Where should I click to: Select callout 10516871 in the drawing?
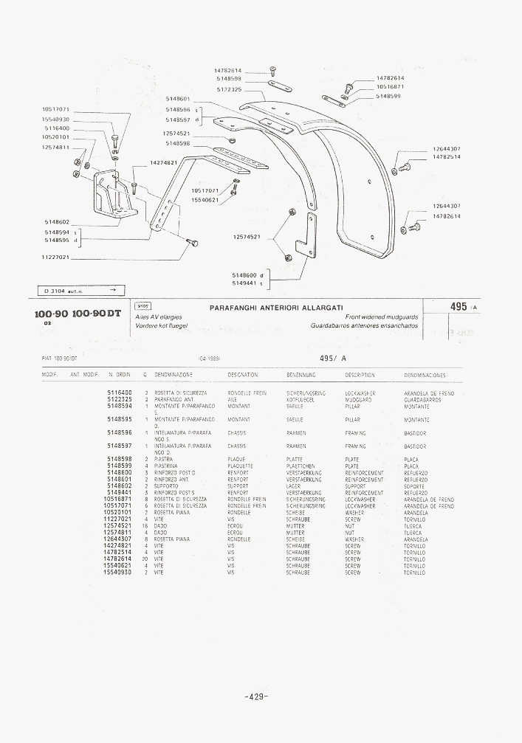(x=390, y=86)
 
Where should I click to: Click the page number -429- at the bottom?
(x=255, y=697)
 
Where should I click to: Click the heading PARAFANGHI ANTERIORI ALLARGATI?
(x=276, y=307)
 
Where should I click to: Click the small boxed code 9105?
(x=142, y=305)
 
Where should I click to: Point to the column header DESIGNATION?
(x=243, y=375)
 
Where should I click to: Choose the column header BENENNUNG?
(x=301, y=375)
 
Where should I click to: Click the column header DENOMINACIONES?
(x=425, y=375)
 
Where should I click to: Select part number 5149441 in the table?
(x=120, y=492)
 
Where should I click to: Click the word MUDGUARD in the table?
(x=358, y=399)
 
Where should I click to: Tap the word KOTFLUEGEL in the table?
(x=301, y=399)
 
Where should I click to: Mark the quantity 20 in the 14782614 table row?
(x=146, y=559)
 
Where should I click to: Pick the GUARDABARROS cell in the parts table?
(x=422, y=399)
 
